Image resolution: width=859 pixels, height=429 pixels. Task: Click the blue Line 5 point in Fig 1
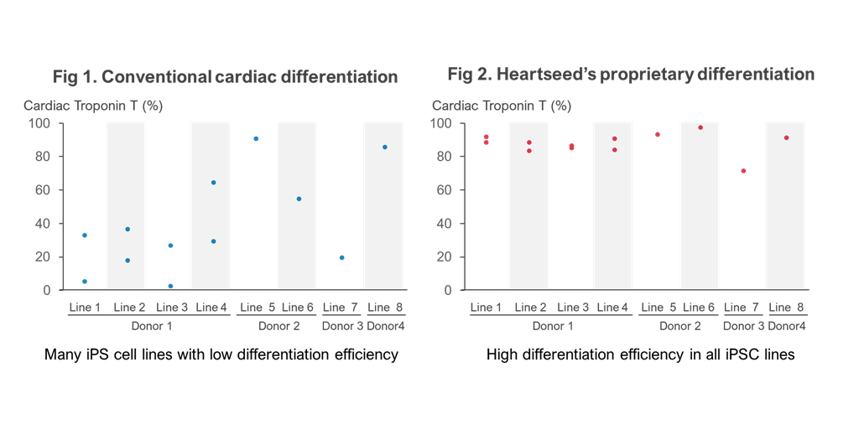(256, 139)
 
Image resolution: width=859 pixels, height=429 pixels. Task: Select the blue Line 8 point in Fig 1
(385, 147)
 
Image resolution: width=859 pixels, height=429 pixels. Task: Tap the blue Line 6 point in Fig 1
(299, 199)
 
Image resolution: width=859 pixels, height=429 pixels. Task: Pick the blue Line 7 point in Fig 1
(342, 258)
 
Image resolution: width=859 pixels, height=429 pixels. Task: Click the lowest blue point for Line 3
(170, 287)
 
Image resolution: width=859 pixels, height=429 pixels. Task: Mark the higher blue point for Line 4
(213, 183)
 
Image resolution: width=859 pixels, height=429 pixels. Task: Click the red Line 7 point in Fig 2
(743, 171)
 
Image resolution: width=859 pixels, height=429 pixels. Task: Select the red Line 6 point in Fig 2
(700, 127)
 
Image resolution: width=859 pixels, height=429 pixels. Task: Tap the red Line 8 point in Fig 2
(786, 138)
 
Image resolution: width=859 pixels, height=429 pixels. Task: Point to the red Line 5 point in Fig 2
(658, 135)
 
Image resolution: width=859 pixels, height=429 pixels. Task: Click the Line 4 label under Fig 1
(211, 308)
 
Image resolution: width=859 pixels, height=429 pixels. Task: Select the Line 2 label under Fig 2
(530, 308)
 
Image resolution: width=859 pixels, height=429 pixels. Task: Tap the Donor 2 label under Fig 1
(279, 326)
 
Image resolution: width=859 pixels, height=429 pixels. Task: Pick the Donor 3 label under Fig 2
(744, 326)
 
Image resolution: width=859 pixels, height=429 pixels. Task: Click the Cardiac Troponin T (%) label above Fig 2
(502, 106)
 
